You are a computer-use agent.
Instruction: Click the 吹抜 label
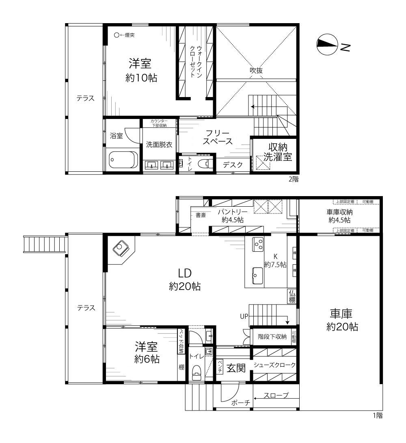click(x=256, y=70)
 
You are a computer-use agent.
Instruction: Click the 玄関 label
click(x=236, y=368)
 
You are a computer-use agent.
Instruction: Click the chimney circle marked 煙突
click(x=117, y=35)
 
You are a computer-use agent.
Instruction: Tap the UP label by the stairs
click(x=244, y=316)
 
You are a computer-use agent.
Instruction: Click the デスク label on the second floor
click(x=233, y=165)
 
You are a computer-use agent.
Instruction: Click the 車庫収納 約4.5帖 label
click(x=339, y=216)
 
